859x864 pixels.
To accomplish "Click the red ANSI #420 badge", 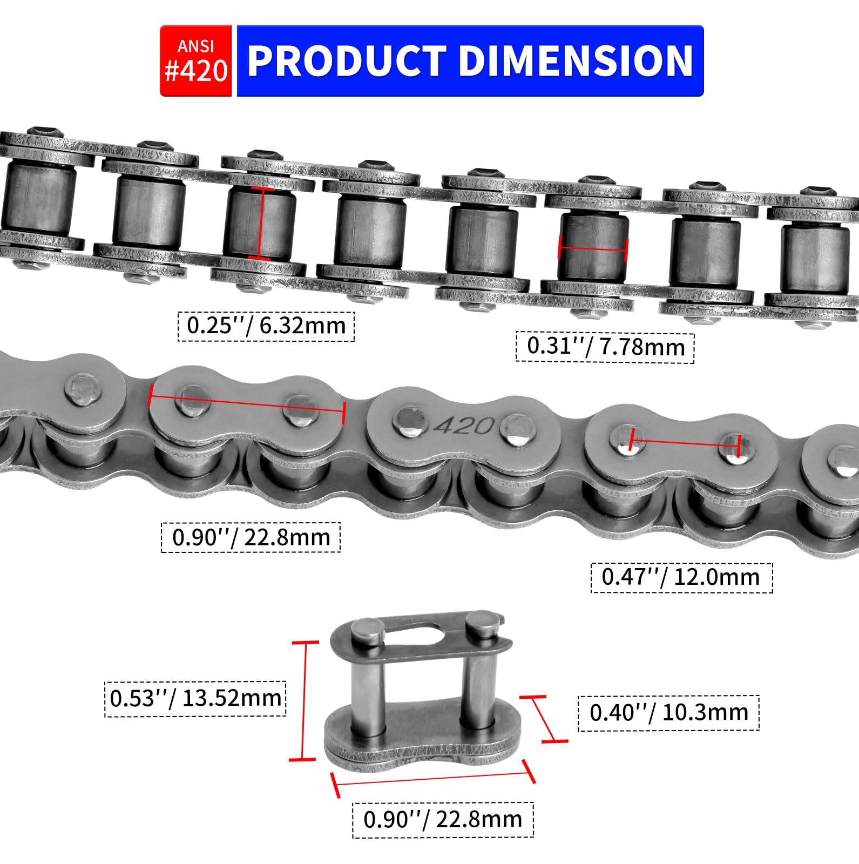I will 196,60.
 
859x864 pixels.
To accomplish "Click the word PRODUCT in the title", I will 346,60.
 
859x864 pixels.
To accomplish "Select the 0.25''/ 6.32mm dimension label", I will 266,326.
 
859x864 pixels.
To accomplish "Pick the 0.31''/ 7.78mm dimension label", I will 605,347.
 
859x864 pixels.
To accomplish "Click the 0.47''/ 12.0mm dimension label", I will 681,577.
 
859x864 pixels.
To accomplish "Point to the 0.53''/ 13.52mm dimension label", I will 195,699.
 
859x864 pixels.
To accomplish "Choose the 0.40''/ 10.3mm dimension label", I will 668,713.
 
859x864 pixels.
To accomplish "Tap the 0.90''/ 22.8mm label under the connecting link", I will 443,820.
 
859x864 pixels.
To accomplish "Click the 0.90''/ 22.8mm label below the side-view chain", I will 251,537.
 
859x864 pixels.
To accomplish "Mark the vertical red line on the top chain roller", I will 261,223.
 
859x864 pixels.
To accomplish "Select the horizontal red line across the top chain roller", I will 593,248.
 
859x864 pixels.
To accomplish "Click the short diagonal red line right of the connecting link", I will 544,719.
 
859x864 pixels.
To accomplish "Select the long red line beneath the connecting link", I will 434,779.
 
